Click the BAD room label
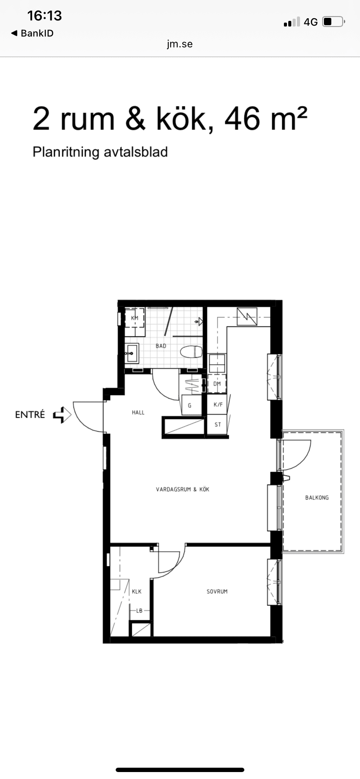point(161,346)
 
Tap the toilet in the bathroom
point(192,352)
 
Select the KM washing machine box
point(135,318)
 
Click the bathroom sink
point(131,353)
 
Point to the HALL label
point(138,412)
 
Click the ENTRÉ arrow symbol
point(62,415)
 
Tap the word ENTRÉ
point(30,415)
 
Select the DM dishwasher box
point(217,384)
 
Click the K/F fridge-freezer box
point(217,405)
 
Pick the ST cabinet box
point(217,424)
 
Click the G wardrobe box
point(190,405)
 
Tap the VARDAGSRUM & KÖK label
point(183,489)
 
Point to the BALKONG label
point(317,497)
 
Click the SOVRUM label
point(217,591)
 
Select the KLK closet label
point(137,591)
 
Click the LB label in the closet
point(139,610)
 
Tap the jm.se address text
point(180,44)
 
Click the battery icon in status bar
point(333,21)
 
